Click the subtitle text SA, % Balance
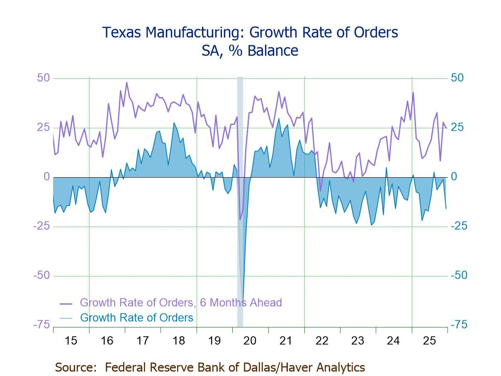(250, 51)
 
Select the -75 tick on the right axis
(458, 325)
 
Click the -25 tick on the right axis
(458, 226)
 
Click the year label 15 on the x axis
(71, 341)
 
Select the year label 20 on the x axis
(250, 341)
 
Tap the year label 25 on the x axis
(429, 341)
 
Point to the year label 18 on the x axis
(178, 341)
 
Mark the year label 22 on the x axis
(322, 341)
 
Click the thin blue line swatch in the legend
(66, 318)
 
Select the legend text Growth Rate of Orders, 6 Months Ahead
(181, 303)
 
